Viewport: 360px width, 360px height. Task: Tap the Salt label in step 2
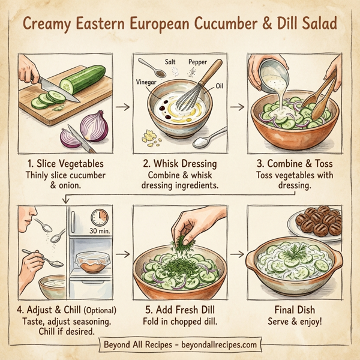click(170, 62)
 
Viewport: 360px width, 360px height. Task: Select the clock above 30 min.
click(98, 217)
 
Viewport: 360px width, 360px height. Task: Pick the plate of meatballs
click(318, 222)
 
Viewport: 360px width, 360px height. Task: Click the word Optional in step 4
click(100, 310)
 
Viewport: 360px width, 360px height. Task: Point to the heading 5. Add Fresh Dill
click(179, 310)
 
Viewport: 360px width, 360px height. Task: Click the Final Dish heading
click(294, 310)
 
